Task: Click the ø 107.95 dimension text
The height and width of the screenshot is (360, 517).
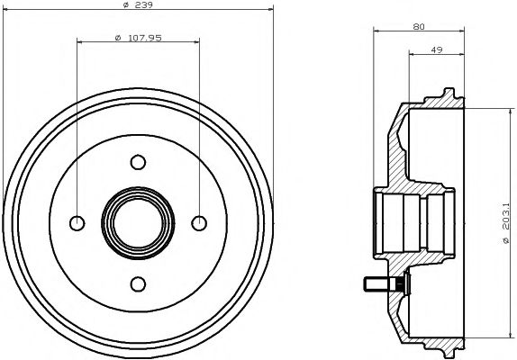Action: [138, 37]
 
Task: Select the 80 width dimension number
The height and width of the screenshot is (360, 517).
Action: [419, 27]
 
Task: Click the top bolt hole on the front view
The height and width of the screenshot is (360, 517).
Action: [138, 162]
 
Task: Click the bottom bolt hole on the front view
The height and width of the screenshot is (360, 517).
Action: [138, 283]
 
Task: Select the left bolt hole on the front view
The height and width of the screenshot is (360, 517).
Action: [77, 222]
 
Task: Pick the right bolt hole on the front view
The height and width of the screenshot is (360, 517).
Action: [198, 222]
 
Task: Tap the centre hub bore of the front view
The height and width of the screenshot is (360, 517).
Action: [138, 222]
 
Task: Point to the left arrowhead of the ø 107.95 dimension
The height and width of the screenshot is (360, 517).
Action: [80, 42]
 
